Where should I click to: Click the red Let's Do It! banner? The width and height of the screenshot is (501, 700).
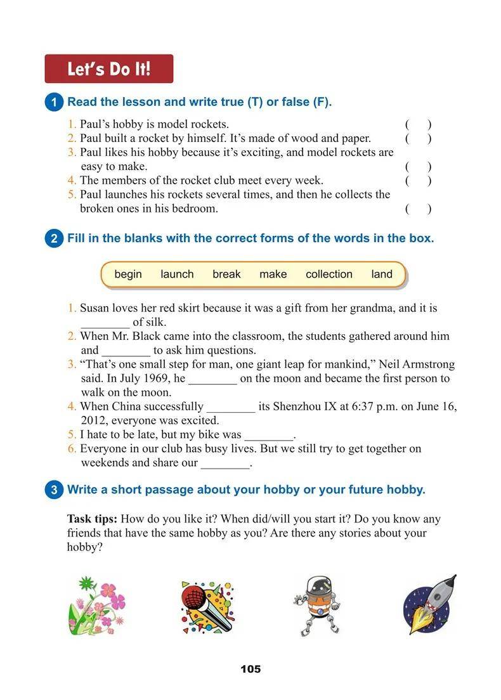[x=108, y=68]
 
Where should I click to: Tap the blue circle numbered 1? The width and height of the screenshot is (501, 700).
[x=55, y=103]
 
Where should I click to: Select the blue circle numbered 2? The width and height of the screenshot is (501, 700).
[x=55, y=239]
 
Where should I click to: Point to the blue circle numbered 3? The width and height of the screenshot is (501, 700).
[x=55, y=490]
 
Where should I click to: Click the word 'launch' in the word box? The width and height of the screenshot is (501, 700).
[x=177, y=275]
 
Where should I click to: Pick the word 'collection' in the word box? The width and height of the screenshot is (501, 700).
[x=329, y=275]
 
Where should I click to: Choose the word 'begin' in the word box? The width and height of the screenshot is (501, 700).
[x=128, y=275]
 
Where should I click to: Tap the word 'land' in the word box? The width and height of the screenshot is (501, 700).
[x=382, y=275]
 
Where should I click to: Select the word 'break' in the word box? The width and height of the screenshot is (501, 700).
[x=226, y=275]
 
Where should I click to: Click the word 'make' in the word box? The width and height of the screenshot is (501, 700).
[x=273, y=275]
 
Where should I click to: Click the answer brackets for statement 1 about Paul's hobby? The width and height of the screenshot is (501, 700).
[x=419, y=125]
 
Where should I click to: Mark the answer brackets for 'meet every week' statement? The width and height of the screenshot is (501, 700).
[x=419, y=181]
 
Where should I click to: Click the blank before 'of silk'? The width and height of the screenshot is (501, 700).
[x=105, y=323]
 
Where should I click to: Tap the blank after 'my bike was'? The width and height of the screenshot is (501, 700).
[x=269, y=436]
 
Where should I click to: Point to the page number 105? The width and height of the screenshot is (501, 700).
[x=251, y=670]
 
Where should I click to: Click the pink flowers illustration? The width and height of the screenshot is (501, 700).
[x=96, y=606]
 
